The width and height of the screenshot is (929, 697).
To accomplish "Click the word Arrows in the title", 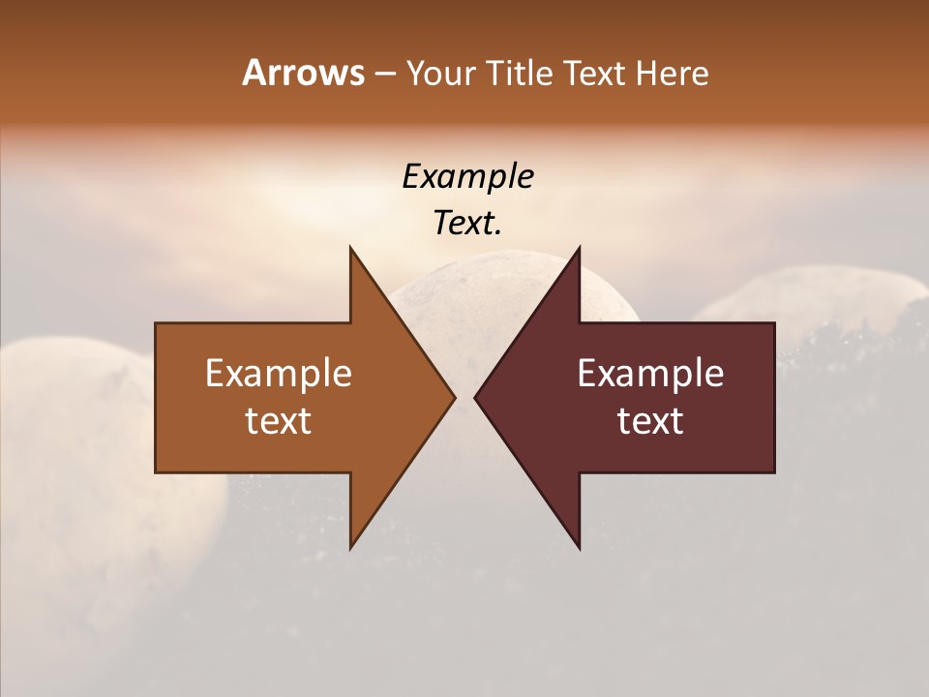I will pos(303,73).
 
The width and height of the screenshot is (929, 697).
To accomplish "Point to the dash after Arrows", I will pos(384,75).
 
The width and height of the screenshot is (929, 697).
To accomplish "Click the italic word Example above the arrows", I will pos(467,177).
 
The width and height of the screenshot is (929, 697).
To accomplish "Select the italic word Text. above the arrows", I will pos(467,223).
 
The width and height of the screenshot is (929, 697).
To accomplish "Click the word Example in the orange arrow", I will pos(279,374).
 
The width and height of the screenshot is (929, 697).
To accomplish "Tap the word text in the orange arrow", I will pos(279,421).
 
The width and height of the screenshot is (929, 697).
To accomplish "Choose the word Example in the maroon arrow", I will pos(650,374).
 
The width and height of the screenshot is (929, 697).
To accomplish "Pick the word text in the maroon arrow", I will pos(650,421).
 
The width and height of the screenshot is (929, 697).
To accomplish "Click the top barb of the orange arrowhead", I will pos(353,257).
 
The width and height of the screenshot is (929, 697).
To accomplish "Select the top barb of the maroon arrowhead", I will pos(577,257).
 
